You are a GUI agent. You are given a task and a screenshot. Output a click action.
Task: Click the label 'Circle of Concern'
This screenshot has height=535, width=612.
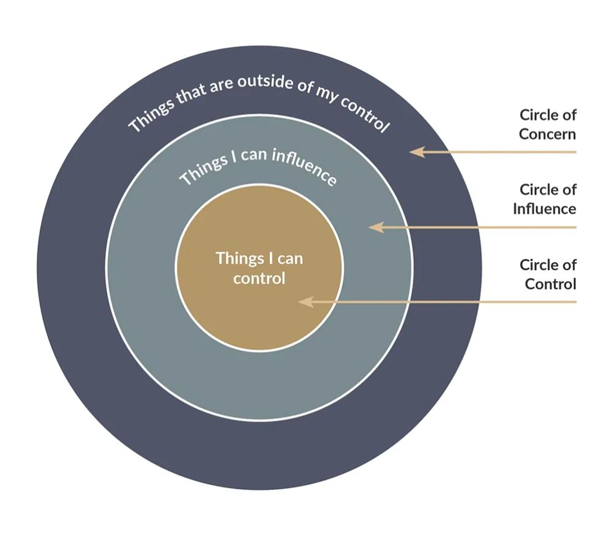548,124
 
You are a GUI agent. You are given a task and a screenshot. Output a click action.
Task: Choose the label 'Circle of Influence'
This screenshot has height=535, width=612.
545,199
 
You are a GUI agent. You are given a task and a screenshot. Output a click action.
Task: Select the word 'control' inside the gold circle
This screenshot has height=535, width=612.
259,279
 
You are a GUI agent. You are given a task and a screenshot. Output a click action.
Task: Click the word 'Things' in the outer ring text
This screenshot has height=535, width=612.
146,117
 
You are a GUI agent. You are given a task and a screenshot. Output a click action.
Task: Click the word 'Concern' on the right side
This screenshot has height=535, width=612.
548,134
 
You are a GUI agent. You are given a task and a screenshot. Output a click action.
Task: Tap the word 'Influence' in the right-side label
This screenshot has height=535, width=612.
545,209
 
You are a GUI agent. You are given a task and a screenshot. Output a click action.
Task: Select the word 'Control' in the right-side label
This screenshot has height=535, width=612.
550,284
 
